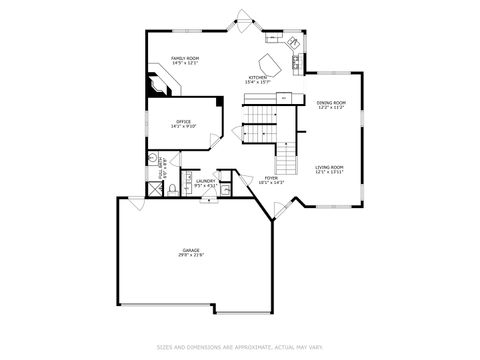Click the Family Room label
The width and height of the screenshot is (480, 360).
184,59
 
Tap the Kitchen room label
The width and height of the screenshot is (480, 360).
258,77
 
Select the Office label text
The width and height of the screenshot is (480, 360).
183,122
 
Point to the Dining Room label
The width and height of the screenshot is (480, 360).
331,102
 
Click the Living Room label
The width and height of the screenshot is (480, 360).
330,167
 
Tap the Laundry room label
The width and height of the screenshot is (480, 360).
205,181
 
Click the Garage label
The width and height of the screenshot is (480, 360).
191,249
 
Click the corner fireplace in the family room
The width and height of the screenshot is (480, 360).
158,84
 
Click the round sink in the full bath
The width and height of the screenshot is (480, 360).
152,157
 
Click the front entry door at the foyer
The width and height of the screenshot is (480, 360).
283,206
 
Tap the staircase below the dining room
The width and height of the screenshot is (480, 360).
288,156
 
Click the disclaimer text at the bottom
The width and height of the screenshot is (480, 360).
239,348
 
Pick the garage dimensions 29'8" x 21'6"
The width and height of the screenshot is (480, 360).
191,255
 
